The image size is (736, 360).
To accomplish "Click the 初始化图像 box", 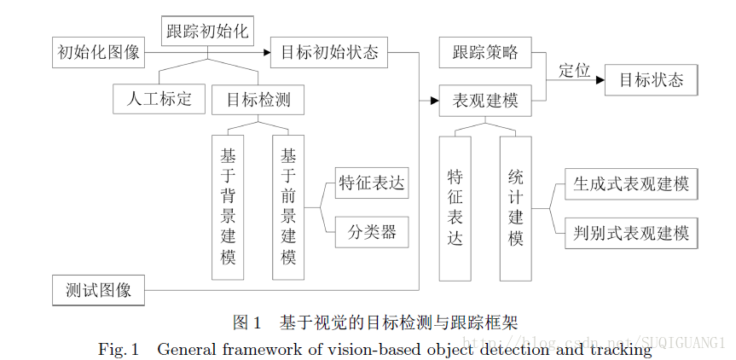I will coord(97,52).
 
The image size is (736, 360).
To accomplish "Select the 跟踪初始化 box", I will coord(207,32).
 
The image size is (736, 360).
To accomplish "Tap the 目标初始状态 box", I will coord(329,52).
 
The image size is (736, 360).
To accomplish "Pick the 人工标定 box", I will coord(159,99).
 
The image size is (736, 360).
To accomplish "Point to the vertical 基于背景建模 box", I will coord(228,207).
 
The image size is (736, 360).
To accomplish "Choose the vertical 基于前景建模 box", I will coord(288,207).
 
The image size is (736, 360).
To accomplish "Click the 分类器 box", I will coord(371,231).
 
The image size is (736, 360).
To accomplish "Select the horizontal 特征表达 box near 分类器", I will coord(371,183).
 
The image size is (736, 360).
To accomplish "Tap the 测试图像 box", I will coord(98,289).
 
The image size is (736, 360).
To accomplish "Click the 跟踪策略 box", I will coord(484,52).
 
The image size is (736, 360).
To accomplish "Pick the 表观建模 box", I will coord(484,100).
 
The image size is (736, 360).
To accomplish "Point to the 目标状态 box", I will coord(651,80).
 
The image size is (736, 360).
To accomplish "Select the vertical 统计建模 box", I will coord(515,207).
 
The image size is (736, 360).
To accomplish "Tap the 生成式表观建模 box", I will coord(631,183).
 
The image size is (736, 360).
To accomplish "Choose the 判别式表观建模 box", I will coord(631,231).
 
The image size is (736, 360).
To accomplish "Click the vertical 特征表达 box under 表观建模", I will coord(455,207).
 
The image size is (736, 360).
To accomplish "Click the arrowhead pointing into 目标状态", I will coord(600,80).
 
